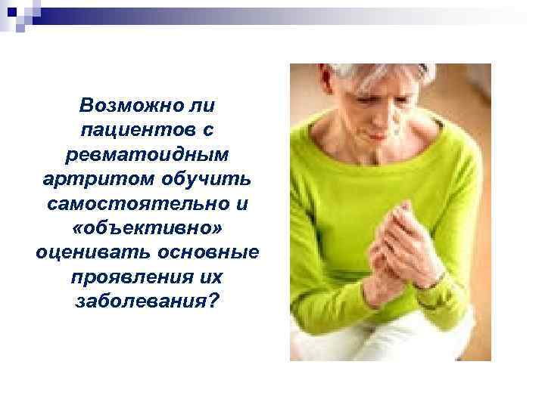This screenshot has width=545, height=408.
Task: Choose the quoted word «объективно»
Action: [148, 227]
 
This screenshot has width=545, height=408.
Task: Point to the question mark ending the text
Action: [213, 301]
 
